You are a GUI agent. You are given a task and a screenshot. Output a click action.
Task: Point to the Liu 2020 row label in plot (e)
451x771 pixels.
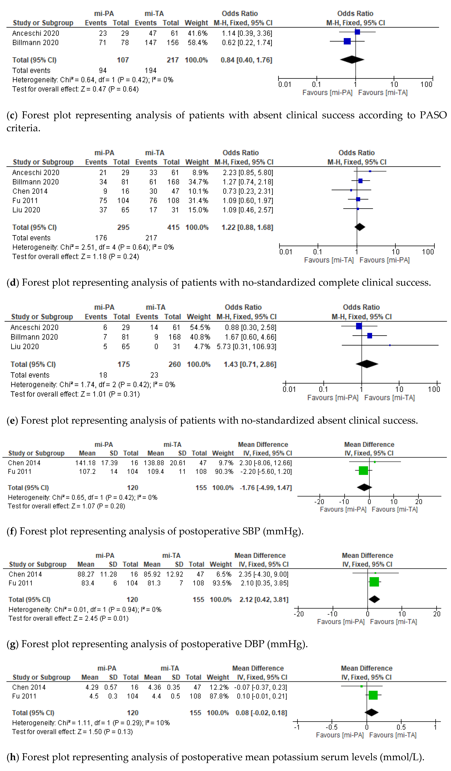click(x=25, y=347)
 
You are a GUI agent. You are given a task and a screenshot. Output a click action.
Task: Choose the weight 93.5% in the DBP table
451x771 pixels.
click(x=222, y=583)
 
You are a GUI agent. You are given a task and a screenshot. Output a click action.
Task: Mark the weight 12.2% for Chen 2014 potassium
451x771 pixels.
click(x=219, y=687)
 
